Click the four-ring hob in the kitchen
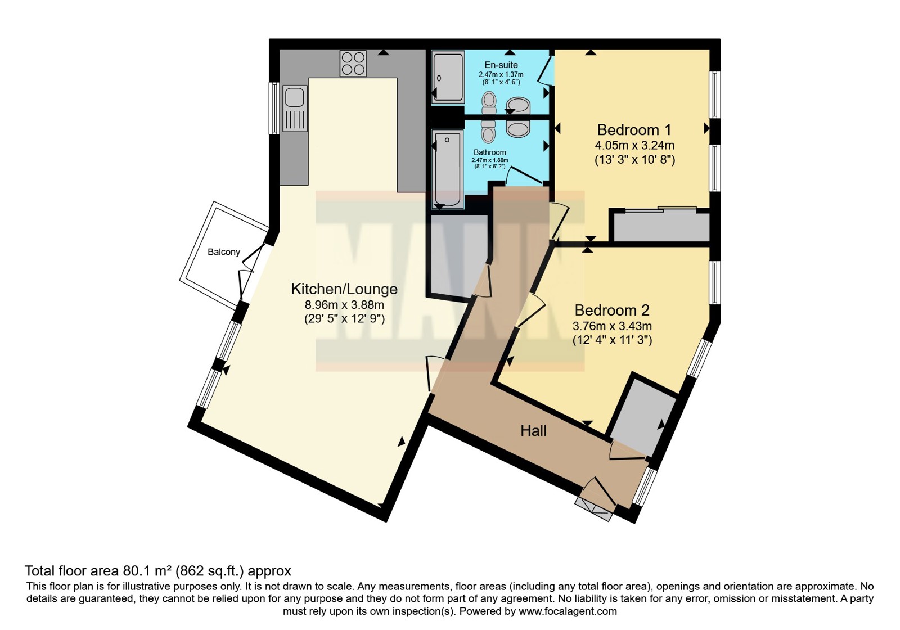353,64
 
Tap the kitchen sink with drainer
295,109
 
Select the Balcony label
224,252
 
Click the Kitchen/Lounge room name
344,289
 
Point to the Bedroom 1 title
634,130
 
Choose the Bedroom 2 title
612,310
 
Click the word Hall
533,431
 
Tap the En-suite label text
501,65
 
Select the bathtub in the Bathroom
448,169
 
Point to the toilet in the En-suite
489,103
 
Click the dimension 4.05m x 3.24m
634,145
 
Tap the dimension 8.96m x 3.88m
344,304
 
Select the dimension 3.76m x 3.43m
612,326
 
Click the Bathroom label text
489,152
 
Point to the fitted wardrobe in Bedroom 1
661,227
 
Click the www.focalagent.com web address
568,611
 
